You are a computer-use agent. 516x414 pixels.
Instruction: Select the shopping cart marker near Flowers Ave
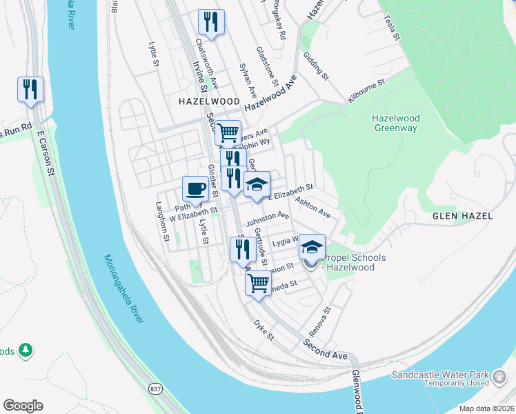[x=228, y=132]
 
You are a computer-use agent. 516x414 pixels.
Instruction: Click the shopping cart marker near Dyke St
[x=258, y=283]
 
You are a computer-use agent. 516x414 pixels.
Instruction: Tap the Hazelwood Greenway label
[x=395, y=123]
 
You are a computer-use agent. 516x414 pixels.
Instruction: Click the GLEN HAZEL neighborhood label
[x=462, y=216]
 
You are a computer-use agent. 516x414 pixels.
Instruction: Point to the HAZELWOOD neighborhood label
[x=208, y=101]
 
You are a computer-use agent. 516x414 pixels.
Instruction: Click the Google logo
[x=23, y=406]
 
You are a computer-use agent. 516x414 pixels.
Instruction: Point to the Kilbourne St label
[x=366, y=91]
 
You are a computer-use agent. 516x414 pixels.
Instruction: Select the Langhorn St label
[x=163, y=221]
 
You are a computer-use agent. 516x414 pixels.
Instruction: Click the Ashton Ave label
[x=312, y=208]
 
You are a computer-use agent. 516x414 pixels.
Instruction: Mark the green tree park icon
[x=26, y=351]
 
